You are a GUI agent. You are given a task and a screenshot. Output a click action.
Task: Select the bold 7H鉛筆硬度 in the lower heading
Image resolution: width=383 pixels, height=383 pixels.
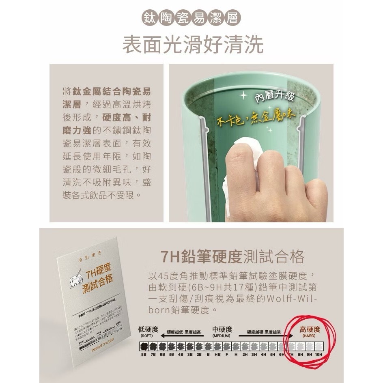[x=201, y=256]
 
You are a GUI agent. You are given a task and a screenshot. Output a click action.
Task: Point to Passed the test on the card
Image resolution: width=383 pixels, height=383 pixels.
[x=105, y=348]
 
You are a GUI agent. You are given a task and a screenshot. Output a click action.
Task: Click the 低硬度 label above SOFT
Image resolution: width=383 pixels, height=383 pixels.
[x=148, y=329]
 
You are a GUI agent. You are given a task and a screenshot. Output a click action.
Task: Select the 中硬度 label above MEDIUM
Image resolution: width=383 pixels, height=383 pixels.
[x=222, y=329]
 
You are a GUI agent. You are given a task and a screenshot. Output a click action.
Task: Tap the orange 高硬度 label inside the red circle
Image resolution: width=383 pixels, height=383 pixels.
[x=310, y=329]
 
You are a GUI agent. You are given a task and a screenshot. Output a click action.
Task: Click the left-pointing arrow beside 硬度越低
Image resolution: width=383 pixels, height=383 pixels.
[x=164, y=333]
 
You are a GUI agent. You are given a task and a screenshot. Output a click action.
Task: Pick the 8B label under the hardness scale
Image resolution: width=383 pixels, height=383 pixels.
[x=144, y=354]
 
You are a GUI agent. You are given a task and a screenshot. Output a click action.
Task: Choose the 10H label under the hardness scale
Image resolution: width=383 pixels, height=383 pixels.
[x=318, y=354]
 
